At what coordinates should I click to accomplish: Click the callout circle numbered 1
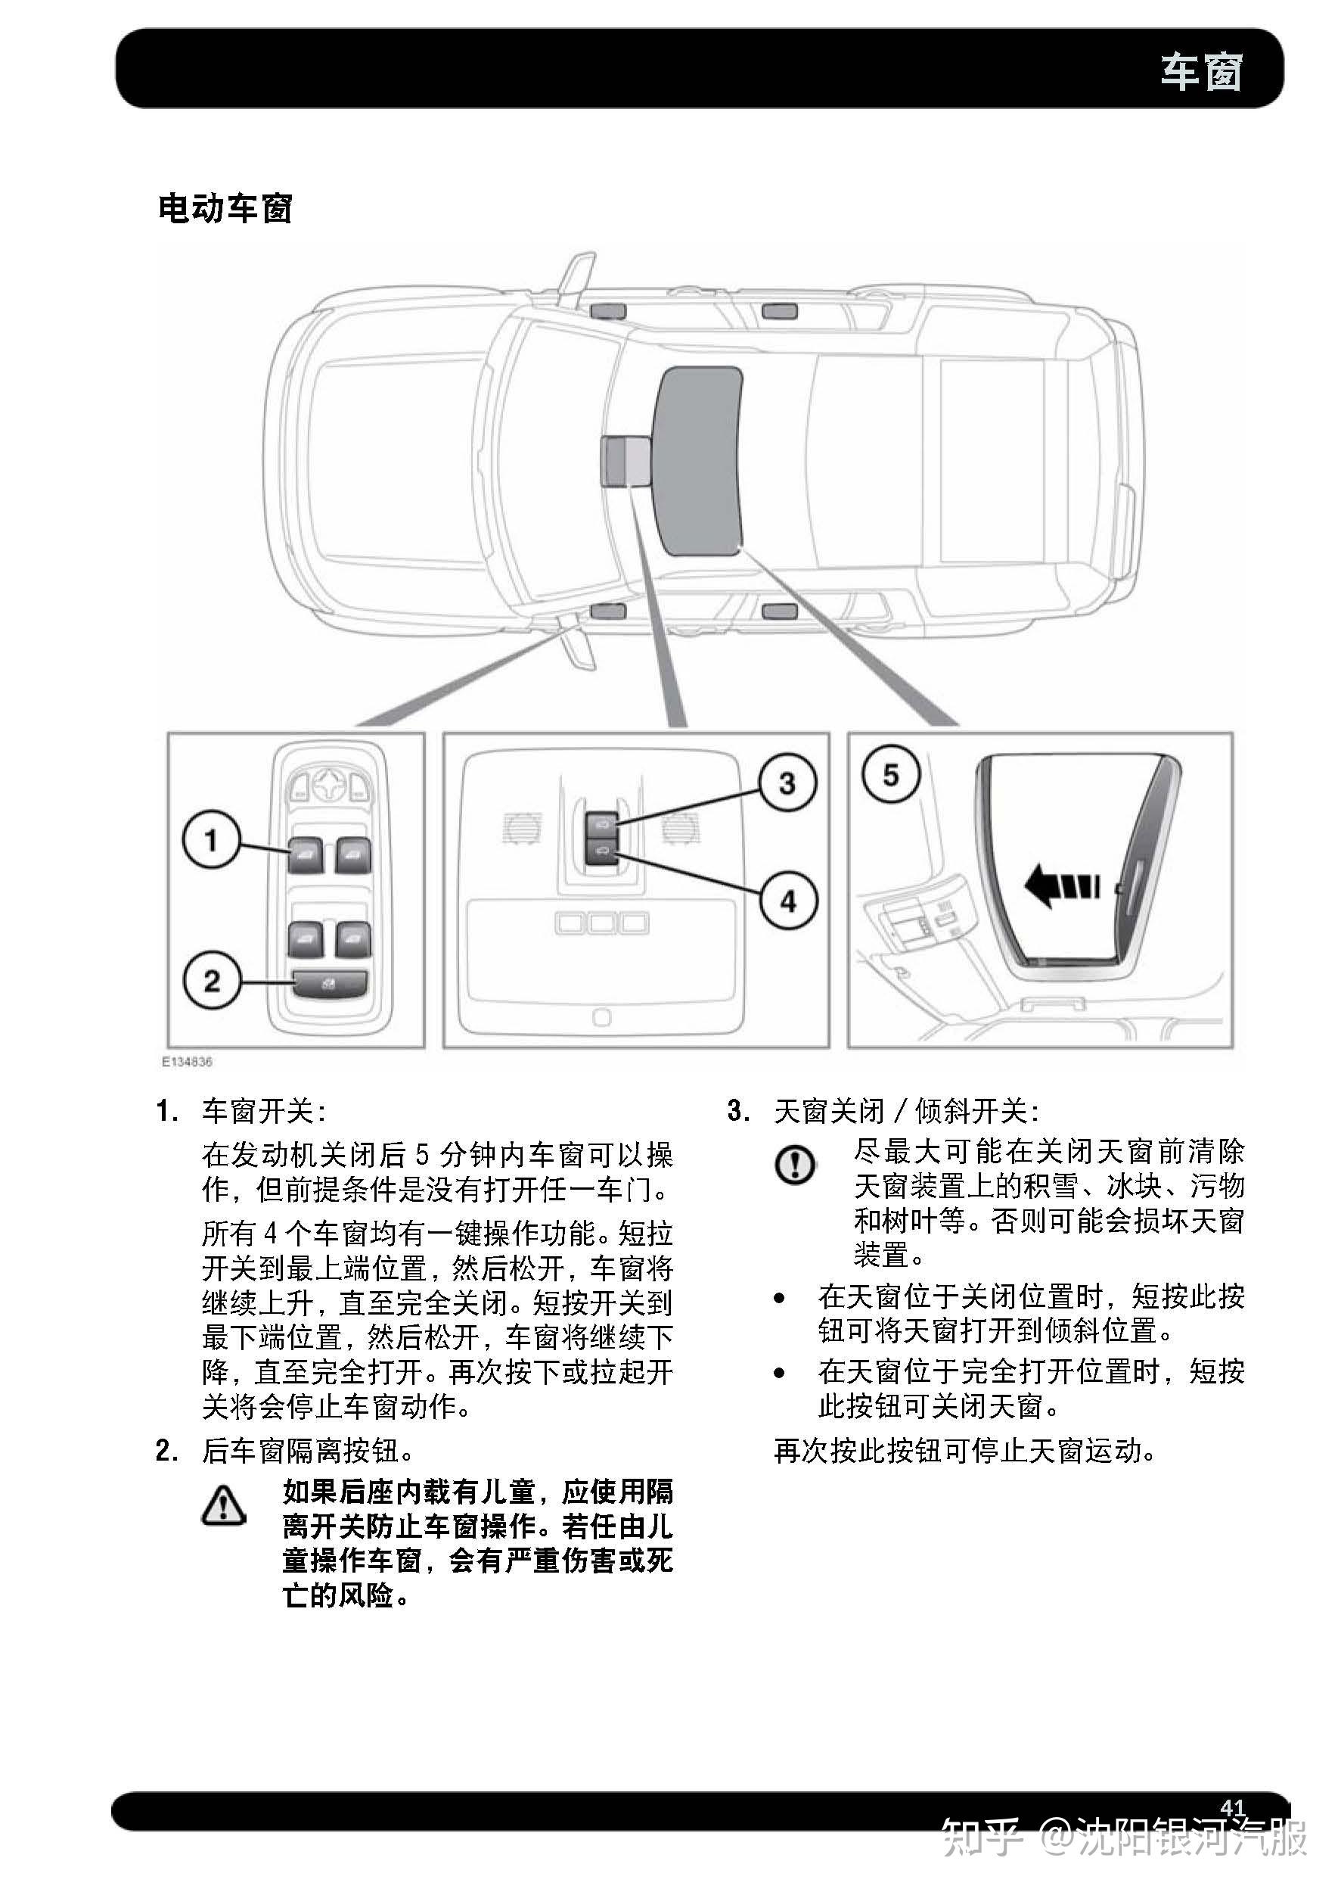coord(211,839)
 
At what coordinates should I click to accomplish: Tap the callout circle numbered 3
coord(788,783)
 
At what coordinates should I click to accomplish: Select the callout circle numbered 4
coord(789,901)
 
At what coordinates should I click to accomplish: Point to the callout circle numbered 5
coord(890,775)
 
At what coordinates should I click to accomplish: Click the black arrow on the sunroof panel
coord(1062,885)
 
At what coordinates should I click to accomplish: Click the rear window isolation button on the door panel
coord(330,984)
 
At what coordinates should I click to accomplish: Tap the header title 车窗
coord(1201,71)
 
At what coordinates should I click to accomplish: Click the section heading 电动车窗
coord(225,208)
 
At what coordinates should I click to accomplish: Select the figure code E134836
coord(187,1062)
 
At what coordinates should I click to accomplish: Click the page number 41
coord(1232,1807)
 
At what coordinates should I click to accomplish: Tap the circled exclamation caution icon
coord(795,1165)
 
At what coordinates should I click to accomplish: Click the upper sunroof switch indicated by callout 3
coord(602,822)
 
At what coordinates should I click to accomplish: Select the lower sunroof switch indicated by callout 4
coord(602,852)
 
